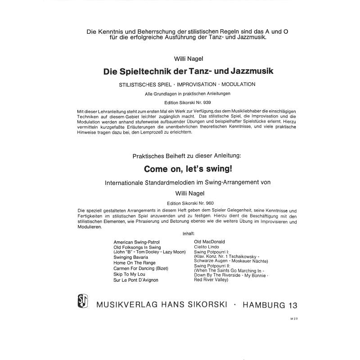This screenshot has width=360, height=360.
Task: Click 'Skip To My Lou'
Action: (130, 274)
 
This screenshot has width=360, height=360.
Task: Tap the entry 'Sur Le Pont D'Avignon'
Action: (136, 280)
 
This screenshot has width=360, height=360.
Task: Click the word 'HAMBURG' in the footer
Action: (262, 305)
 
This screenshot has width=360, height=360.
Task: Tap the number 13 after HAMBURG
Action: (292, 305)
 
